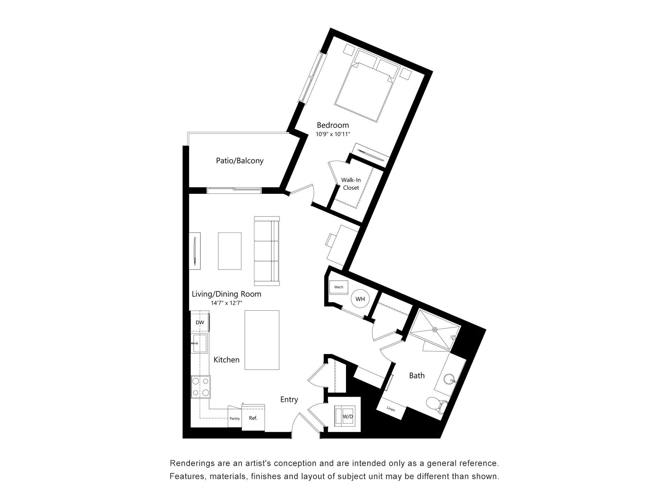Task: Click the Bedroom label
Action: pyautogui.click(x=332, y=125)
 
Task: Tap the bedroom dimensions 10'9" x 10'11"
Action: pyautogui.click(x=332, y=134)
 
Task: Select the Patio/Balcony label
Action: pyautogui.click(x=239, y=161)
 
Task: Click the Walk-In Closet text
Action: pyautogui.click(x=351, y=184)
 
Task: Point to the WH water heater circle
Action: pyautogui.click(x=360, y=299)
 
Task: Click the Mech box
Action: pyautogui.click(x=339, y=287)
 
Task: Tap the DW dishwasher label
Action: pyautogui.click(x=200, y=322)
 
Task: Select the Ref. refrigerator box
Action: pyautogui.click(x=253, y=418)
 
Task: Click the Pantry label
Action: pyautogui.click(x=235, y=418)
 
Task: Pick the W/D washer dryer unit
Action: pyautogui.click(x=346, y=416)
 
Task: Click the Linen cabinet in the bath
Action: pyautogui.click(x=391, y=409)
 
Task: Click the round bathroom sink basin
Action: pyautogui.click(x=449, y=379)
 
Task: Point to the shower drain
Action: pyautogui.click(x=435, y=329)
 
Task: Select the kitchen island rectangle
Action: pyautogui.click(x=262, y=340)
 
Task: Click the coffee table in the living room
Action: pyautogui.click(x=230, y=251)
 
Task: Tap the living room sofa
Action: pyautogui.click(x=267, y=251)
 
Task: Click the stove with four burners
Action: pyautogui.click(x=201, y=387)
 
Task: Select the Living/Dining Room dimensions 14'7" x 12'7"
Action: pyautogui.click(x=226, y=303)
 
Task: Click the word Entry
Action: pyautogui.click(x=289, y=400)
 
